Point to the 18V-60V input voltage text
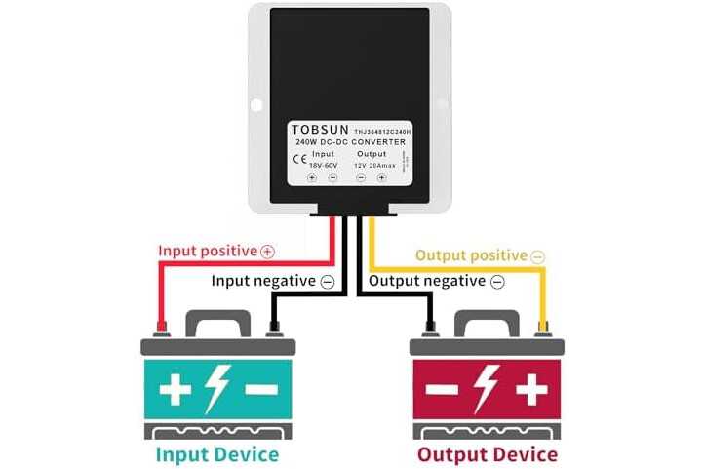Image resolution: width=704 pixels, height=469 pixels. click(324, 165)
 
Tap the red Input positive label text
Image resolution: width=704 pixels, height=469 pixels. click(208, 251)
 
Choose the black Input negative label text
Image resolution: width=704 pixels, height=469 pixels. click(264, 281)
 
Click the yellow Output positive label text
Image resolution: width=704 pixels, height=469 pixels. click(471, 255)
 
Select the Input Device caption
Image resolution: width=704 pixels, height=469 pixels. click(216, 454)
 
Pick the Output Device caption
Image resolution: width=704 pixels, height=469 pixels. click(488, 454)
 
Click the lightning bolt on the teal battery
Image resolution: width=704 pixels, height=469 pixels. click(216, 389)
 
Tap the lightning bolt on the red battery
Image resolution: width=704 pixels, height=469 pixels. click(488, 389)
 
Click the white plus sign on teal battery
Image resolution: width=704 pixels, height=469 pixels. click(176, 390)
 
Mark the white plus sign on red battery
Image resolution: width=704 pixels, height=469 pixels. click(532, 390)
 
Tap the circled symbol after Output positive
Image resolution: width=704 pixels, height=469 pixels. click(538, 256)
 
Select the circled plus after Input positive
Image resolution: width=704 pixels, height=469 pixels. click(268, 252)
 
